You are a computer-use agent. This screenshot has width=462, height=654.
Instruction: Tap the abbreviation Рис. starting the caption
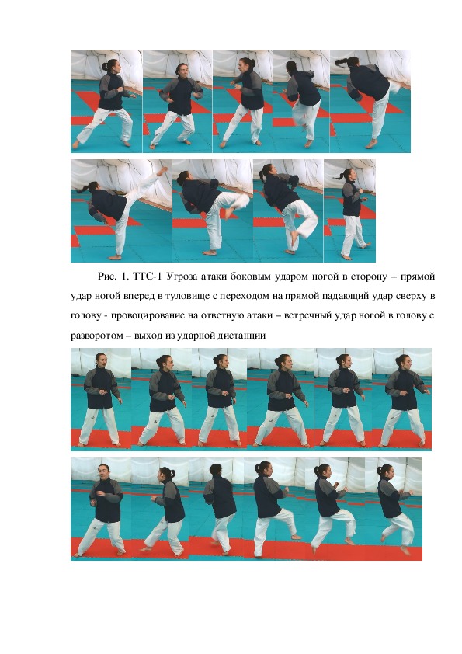(x=106, y=276)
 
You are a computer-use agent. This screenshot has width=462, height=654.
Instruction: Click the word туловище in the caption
(x=186, y=297)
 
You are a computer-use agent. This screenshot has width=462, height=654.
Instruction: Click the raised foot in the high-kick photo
(x=161, y=172)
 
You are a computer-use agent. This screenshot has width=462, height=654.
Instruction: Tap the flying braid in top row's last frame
(x=342, y=63)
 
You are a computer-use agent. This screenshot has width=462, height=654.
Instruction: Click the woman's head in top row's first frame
(x=111, y=65)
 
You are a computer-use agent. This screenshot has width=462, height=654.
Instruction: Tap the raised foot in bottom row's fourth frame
(x=295, y=537)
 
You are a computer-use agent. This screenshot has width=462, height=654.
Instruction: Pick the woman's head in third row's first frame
(x=100, y=360)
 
